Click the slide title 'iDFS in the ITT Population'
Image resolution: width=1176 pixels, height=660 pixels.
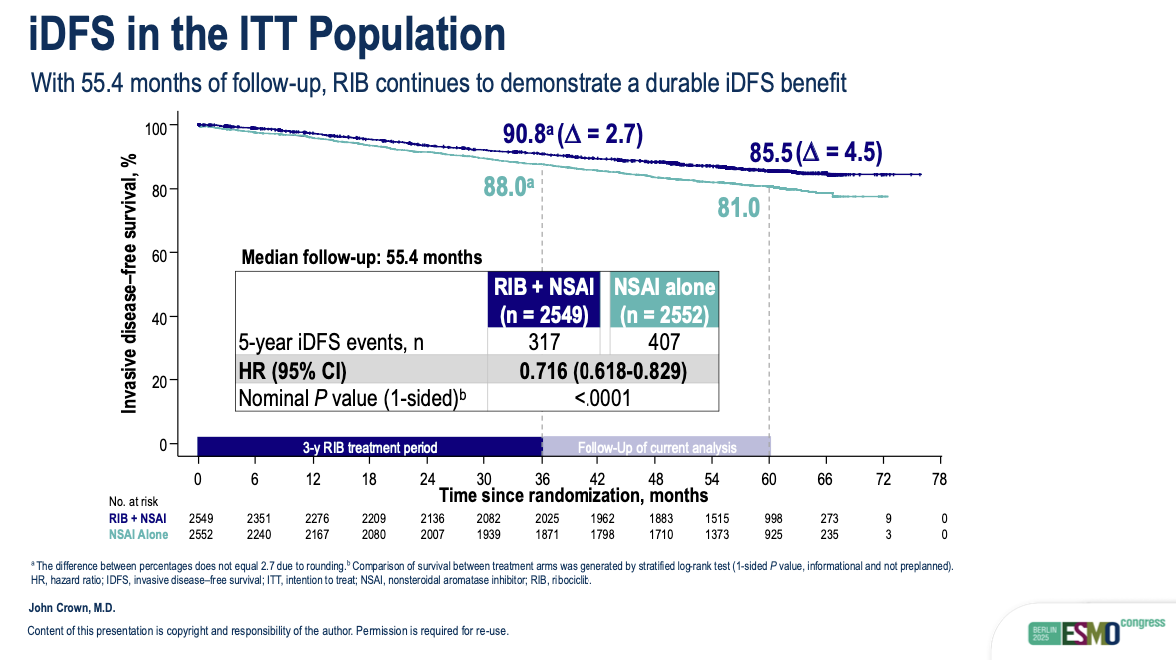pyautogui.click(x=267, y=34)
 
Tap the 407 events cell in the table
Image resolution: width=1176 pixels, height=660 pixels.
pyautogui.click(x=664, y=342)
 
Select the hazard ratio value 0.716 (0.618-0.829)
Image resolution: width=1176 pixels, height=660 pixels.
pyautogui.click(x=602, y=371)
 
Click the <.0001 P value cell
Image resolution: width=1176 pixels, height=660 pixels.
pyautogui.click(x=602, y=399)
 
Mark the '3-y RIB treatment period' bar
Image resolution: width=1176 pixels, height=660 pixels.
pyautogui.click(x=370, y=447)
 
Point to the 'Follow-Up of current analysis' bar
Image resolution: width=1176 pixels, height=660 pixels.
pyautogui.click(x=656, y=447)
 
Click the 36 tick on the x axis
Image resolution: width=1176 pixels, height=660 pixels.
pyautogui.click(x=541, y=478)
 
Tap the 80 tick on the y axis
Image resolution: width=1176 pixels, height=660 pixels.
pyautogui.click(x=159, y=189)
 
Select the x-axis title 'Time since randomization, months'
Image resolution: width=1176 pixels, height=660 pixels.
pyautogui.click(x=574, y=495)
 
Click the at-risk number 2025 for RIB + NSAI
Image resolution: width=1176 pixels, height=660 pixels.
pyautogui.click(x=541, y=518)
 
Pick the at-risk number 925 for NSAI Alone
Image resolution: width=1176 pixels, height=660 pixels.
pyautogui.click(x=769, y=536)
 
